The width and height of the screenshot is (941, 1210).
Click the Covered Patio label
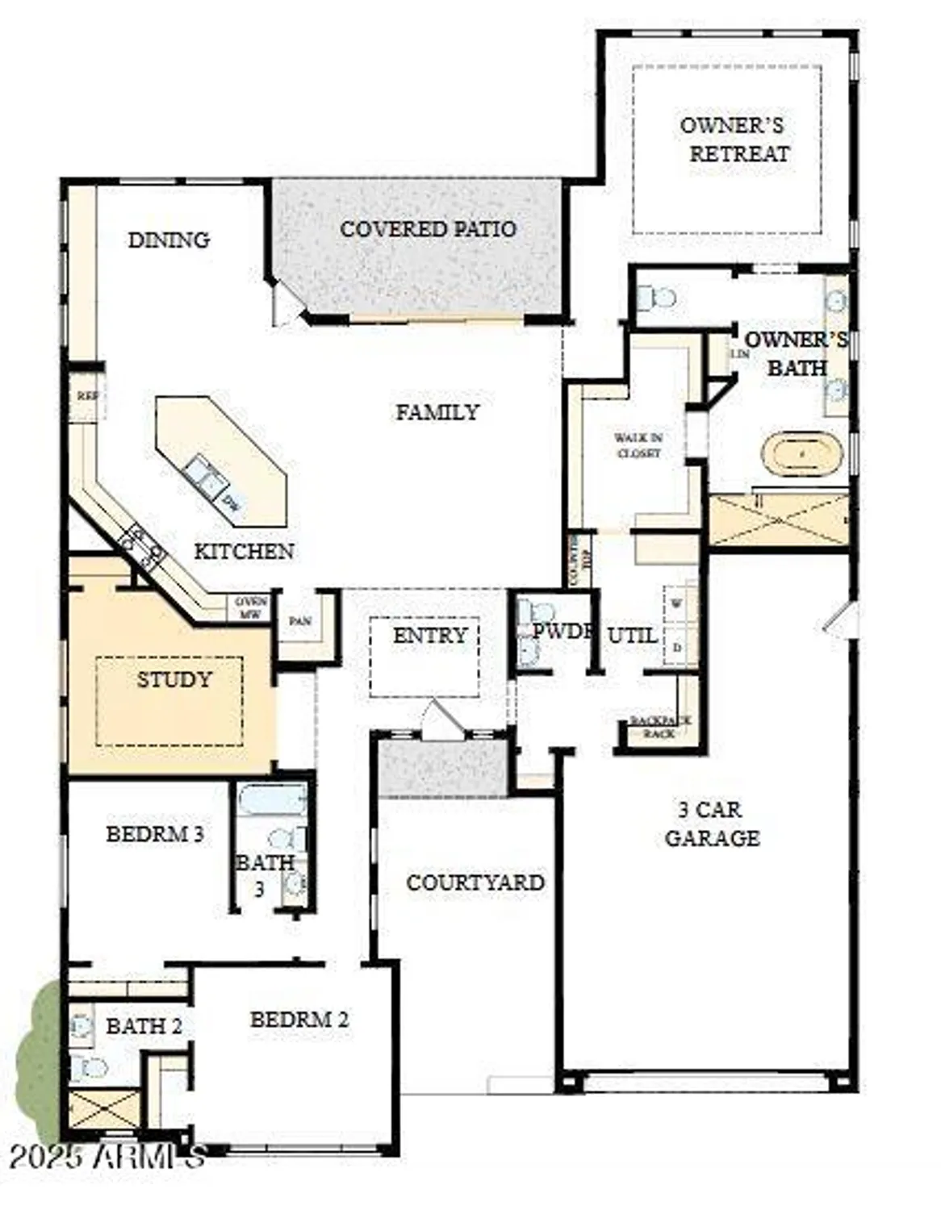(x=428, y=229)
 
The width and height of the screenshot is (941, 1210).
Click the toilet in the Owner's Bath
(x=657, y=298)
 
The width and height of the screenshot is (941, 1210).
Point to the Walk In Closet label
(x=638, y=445)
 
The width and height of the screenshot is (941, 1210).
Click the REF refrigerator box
(x=86, y=396)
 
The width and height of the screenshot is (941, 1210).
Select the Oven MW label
(x=250, y=608)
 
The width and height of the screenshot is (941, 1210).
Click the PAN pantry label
(x=300, y=621)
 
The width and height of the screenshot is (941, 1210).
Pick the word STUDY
(x=174, y=679)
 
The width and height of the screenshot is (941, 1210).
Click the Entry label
(x=429, y=636)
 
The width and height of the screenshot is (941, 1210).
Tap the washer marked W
(x=676, y=603)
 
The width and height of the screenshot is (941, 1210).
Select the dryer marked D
(x=676, y=648)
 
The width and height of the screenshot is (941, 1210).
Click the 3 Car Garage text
(x=711, y=824)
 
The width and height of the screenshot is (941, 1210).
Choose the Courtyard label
(x=475, y=882)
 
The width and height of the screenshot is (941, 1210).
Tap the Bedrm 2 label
(x=299, y=1020)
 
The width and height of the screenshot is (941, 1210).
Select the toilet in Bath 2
(x=89, y=1068)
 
